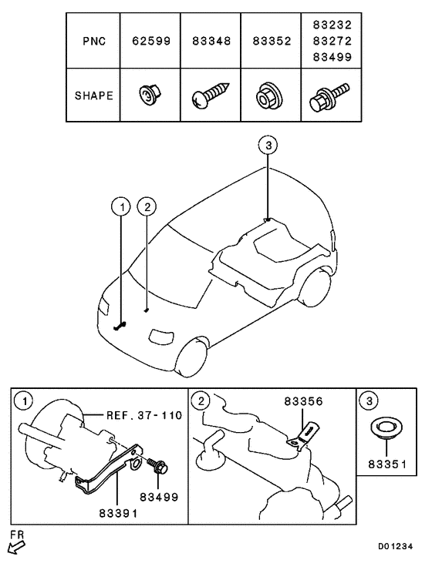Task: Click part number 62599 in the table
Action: pyautogui.click(x=150, y=40)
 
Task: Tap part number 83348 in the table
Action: pyautogui.click(x=211, y=40)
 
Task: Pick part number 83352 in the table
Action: pyautogui.click(x=271, y=40)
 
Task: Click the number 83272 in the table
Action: pyautogui.click(x=331, y=40)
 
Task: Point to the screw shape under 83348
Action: pyautogui.click(x=210, y=97)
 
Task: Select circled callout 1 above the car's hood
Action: pyautogui.click(x=119, y=206)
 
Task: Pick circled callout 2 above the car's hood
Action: pyautogui.click(x=147, y=206)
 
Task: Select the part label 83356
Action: pyautogui.click(x=305, y=401)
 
